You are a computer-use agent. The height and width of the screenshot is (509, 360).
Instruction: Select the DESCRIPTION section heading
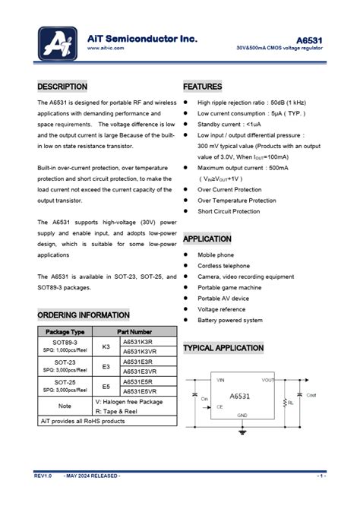point(62,87)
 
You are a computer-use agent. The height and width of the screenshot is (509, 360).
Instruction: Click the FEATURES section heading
point(203,87)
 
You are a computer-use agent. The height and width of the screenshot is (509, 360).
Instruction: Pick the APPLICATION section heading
point(207,239)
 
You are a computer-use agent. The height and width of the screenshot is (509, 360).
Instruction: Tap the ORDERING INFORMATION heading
point(84,315)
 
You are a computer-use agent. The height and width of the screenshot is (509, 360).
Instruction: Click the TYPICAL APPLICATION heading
point(223,348)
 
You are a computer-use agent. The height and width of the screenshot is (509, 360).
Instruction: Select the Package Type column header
point(65,332)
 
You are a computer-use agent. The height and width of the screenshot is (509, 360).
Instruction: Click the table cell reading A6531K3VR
point(140,352)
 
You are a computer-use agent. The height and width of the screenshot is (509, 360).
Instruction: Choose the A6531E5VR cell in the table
point(140,391)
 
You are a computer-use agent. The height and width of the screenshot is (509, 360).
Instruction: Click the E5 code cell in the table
point(106,387)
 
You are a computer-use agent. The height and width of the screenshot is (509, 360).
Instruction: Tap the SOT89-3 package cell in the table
point(65,342)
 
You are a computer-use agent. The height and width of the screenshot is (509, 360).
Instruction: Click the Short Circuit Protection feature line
point(229,211)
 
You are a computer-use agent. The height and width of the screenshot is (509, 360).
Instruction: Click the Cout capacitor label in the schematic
point(311,396)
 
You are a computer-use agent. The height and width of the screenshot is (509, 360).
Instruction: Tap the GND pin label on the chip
point(242,415)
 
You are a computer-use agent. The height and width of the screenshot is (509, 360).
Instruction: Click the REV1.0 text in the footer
point(43,476)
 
